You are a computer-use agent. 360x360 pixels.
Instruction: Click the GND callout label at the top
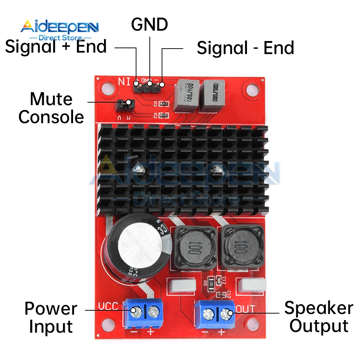pyautogui.click(x=149, y=24)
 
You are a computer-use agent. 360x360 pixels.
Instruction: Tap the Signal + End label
pyautogui.click(x=56, y=47)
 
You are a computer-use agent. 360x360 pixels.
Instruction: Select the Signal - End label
pyautogui.click(x=246, y=48)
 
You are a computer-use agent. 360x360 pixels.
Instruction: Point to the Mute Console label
pyautogui.click(x=51, y=108)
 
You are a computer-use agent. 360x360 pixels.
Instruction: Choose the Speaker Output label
pyautogui.click(x=319, y=317)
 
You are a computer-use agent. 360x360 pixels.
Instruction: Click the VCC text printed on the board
pyautogui.click(x=108, y=306)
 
